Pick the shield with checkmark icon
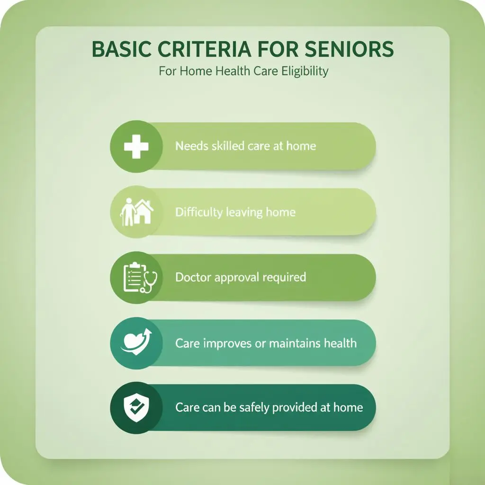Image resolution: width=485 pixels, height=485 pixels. (x=133, y=408)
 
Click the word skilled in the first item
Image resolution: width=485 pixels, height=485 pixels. (x=228, y=146)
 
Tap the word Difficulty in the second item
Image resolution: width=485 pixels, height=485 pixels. (x=199, y=212)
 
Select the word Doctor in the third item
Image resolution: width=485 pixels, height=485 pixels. (x=193, y=277)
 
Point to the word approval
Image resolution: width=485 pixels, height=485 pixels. (x=235, y=278)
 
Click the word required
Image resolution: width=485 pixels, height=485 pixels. (x=284, y=277)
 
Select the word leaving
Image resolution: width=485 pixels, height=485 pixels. (x=244, y=212)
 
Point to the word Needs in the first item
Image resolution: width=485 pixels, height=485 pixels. (x=191, y=146)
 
